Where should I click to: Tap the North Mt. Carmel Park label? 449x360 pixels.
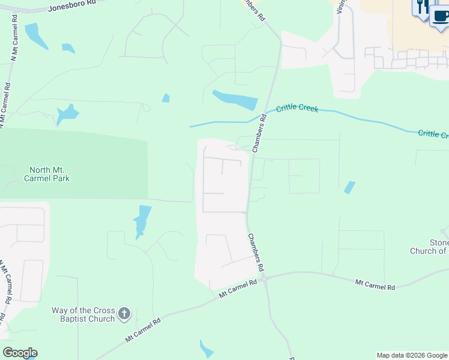[x=47, y=174]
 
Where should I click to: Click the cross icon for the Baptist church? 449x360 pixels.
[x=124, y=313]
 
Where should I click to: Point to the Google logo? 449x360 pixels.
[x=20, y=353]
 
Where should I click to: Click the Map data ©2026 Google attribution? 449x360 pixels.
[x=412, y=355]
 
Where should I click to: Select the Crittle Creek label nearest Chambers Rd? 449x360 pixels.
[x=297, y=109]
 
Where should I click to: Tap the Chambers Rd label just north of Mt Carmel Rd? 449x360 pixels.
[x=255, y=252]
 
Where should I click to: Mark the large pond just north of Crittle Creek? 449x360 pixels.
[x=235, y=99]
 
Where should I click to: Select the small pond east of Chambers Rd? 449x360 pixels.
[x=349, y=187]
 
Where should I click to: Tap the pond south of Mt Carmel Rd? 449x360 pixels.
[x=206, y=349]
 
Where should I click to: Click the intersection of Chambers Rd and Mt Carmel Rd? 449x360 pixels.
[x=264, y=279]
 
